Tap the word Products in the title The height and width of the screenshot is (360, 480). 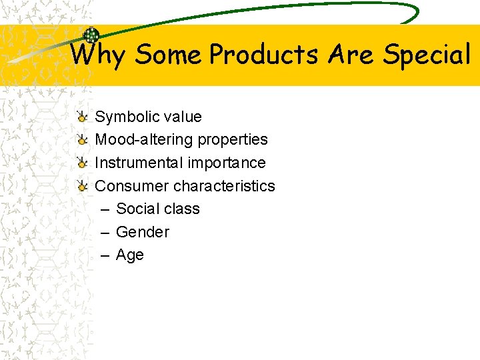click(263, 55)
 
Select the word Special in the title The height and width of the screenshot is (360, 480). click(427, 55)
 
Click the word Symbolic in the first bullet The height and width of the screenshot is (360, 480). click(127, 117)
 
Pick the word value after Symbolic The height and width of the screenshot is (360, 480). click(181, 117)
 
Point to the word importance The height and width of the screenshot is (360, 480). click(227, 163)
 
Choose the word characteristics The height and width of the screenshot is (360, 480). click(224, 185)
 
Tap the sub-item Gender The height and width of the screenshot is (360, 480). click(143, 232)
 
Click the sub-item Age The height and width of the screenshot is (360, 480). click(130, 255)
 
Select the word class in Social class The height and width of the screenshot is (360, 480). click(181, 209)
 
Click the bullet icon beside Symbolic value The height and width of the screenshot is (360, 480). click(81, 117)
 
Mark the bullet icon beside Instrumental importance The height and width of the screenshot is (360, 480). click(81, 163)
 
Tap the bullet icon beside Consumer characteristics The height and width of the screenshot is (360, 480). click(81, 185)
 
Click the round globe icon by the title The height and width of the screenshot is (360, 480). click(91, 35)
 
